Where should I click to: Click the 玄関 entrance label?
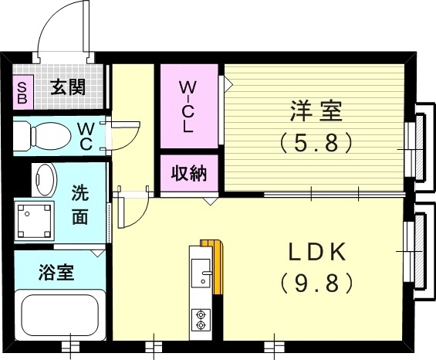pyautogui.click(x=68, y=87)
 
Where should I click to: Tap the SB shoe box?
pyautogui.click(x=22, y=93)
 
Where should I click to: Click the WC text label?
pyautogui.click(x=86, y=136)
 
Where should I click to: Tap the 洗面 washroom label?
pyautogui.click(x=80, y=205)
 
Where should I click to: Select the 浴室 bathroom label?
pyautogui.click(x=56, y=272)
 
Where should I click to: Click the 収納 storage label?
pyautogui.click(x=188, y=173)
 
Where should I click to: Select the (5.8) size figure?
pyautogui.click(x=316, y=143)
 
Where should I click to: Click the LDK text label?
pyautogui.click(x=316, y=253)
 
